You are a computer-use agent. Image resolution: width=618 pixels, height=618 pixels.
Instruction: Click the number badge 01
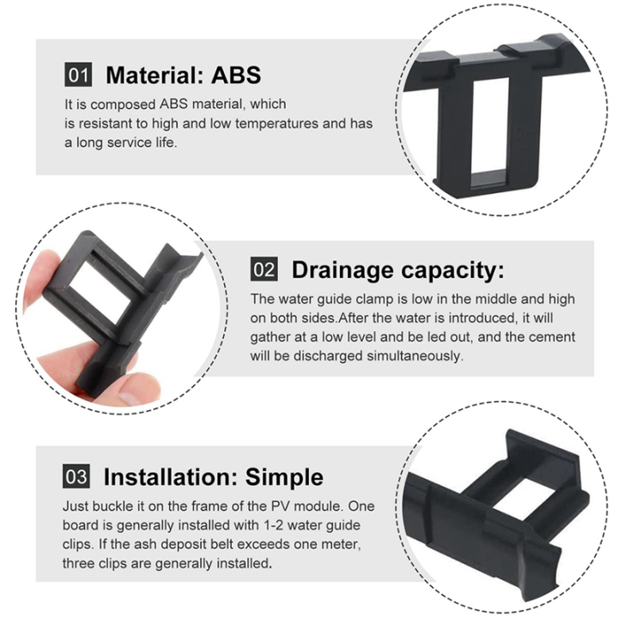[78, 75]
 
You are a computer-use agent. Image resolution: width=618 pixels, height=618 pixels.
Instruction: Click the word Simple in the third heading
[284, 476]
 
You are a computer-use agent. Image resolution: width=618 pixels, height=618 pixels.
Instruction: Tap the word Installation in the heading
[170, 476]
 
